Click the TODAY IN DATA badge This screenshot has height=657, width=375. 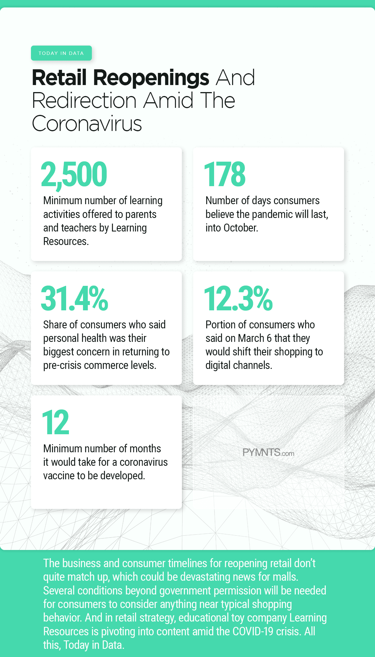(61, 53)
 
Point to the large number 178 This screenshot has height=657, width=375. (225, 174)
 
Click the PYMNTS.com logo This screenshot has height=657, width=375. (268, 452)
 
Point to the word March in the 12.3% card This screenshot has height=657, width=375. (251, 338)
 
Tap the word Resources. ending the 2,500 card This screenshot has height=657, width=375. (66, 241)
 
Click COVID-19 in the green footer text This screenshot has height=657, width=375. (253, 631)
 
